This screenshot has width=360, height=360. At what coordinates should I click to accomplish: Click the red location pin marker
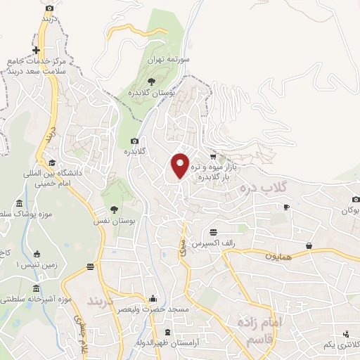click(181, 165)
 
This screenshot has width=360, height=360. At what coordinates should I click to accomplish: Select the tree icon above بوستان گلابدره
click(150, 82)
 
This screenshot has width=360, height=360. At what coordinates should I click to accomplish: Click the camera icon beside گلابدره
click(135, 141)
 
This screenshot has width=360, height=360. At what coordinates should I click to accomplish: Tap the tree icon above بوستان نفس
click(114, 209)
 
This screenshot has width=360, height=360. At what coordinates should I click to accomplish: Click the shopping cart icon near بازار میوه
click(212, 157)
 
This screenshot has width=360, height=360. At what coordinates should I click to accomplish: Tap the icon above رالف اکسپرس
click(213, 231)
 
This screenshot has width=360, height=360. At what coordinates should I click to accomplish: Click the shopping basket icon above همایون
click(309, 245)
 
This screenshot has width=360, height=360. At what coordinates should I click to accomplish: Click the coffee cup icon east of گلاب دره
click(285, 207)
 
